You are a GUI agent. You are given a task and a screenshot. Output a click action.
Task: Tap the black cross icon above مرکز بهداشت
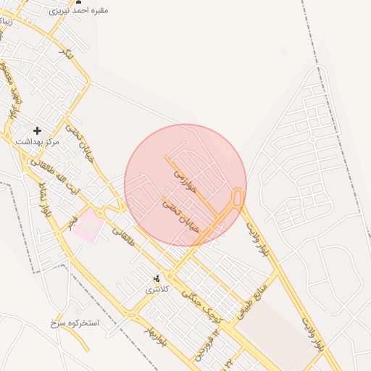pyautogui.click(x=38, y=130)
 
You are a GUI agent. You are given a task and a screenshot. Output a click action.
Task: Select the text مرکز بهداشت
pyautogui.click(x=38, y=142)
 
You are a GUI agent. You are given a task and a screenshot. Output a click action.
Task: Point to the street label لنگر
pyautogui.click(x=66, y=54)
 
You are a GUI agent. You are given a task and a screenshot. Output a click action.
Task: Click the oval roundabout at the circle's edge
pyautogui.click(x=236, y=198)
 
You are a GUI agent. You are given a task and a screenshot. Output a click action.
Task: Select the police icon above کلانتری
pyautogui.click(x=157, y=278)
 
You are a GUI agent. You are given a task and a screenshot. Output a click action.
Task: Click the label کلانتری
pyautogui.click(x=157, y=289)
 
